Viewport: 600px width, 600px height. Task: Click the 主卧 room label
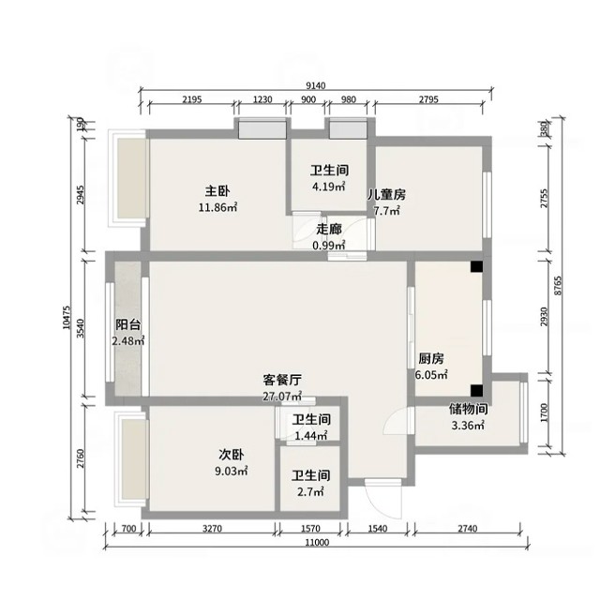point(217,191)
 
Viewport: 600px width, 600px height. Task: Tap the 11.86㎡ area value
point(217,207)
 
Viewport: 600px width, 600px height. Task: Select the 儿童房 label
point(386,195)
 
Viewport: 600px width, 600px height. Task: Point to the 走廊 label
point(329,229)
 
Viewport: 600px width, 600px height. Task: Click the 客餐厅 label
point(282,380)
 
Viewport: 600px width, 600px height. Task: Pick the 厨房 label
point(431,359)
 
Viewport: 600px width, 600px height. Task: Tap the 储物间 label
point(469,409)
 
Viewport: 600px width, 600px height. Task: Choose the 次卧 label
point(232,455)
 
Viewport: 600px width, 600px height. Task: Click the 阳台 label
point(128,325)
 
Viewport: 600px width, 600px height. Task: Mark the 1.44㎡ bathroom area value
point(311,435)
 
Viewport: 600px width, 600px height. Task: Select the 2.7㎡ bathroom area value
point(310,491)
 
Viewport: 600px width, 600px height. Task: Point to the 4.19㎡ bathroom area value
point(329,187)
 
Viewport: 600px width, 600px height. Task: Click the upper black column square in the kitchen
point(476,266)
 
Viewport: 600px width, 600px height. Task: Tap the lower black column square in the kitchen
point(476,390)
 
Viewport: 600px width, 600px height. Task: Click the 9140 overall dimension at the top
point(316,85)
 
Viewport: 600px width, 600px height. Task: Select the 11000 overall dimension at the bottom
point(317,542)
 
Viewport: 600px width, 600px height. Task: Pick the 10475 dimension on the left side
point(67,317)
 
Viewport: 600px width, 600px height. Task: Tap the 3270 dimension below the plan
point(212,529)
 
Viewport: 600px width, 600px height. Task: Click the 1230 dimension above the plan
point(262,99)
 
